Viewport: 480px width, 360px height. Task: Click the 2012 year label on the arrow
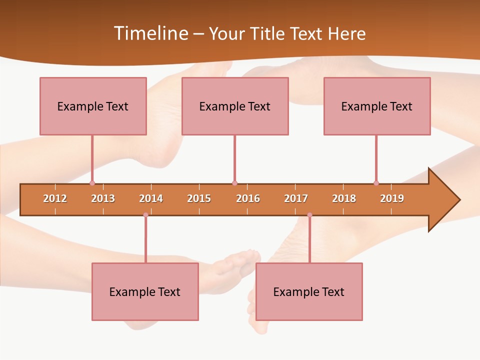point(55,198)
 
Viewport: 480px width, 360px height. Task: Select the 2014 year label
point(151,198)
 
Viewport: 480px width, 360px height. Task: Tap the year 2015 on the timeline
point(199,198)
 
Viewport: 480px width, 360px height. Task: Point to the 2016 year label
point(248,198)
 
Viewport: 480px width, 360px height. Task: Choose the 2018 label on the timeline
point(344,198)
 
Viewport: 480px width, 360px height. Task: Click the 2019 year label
point(392,198)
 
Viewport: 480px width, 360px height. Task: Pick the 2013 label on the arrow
point(103,198)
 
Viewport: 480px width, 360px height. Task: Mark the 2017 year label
point(296,198)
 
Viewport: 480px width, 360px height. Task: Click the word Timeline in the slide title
point(150,33)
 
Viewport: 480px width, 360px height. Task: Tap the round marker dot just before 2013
point(92,183)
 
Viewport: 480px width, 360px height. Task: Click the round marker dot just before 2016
point(234,183)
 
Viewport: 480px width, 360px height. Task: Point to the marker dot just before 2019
point(376,183)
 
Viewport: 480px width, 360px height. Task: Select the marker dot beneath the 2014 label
point(145,215)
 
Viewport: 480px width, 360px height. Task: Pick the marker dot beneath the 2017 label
point(309,215)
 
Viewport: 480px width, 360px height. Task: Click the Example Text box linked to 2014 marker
point(145,291)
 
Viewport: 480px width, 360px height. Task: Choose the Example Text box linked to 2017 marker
point(309,291)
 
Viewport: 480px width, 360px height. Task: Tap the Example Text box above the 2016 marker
point(235,106)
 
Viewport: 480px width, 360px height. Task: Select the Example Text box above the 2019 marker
point(377,106)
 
